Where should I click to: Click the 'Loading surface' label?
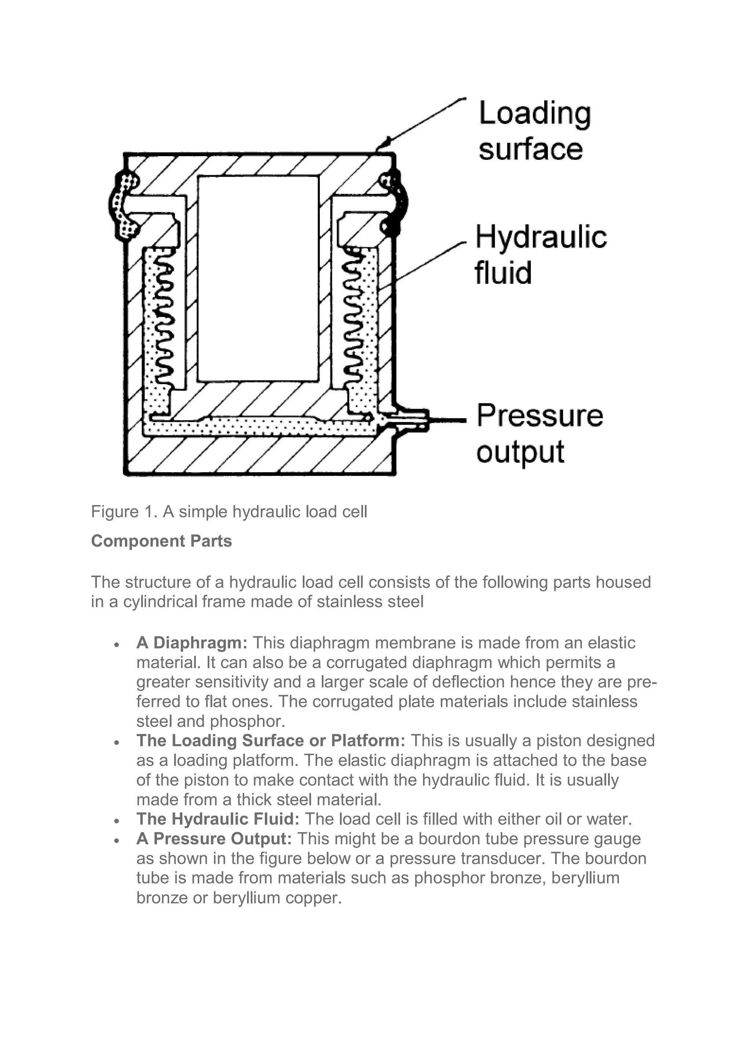534,131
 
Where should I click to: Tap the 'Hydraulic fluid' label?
540,254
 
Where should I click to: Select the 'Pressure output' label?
539,433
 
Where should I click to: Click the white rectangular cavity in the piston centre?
258,278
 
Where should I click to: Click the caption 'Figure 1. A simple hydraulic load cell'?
229,512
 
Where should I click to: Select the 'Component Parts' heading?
161,541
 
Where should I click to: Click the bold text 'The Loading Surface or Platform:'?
271,741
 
